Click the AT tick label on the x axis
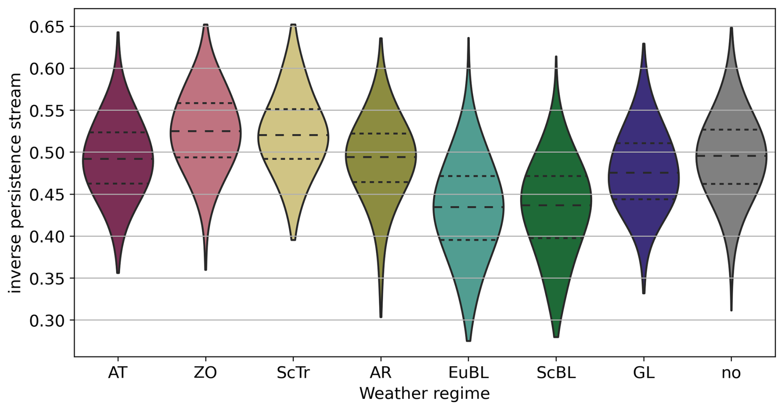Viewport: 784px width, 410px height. pos(118,373)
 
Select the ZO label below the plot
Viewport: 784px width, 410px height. pos(205,373)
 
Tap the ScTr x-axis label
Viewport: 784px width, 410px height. pos(293,373)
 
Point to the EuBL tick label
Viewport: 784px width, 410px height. pos(468,373)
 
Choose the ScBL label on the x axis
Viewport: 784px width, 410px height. pos(556,373)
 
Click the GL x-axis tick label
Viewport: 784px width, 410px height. pos(644,373)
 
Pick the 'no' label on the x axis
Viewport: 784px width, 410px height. pos(731,373)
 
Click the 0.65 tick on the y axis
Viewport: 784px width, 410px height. pos(47,27)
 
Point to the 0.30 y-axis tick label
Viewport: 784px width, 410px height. pos(47,321)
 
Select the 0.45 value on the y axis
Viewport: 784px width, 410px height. pos(47,195)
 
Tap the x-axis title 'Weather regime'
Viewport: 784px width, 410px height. pos(424,393)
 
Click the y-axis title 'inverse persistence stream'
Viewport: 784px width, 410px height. pos(15,183)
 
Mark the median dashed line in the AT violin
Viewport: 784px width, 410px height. pos(118,159)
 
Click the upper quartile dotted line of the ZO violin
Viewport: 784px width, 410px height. pos(206,103)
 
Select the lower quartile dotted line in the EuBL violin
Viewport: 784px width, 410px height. pos(468,240)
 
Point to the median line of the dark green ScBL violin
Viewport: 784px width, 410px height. pos(556,205)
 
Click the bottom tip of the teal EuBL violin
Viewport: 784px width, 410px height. pos(468,340)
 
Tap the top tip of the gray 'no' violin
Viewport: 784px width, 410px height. pos(731,28)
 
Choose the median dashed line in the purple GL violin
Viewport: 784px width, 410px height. pos(644,173)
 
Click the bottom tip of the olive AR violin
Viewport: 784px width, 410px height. pos(381,317)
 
